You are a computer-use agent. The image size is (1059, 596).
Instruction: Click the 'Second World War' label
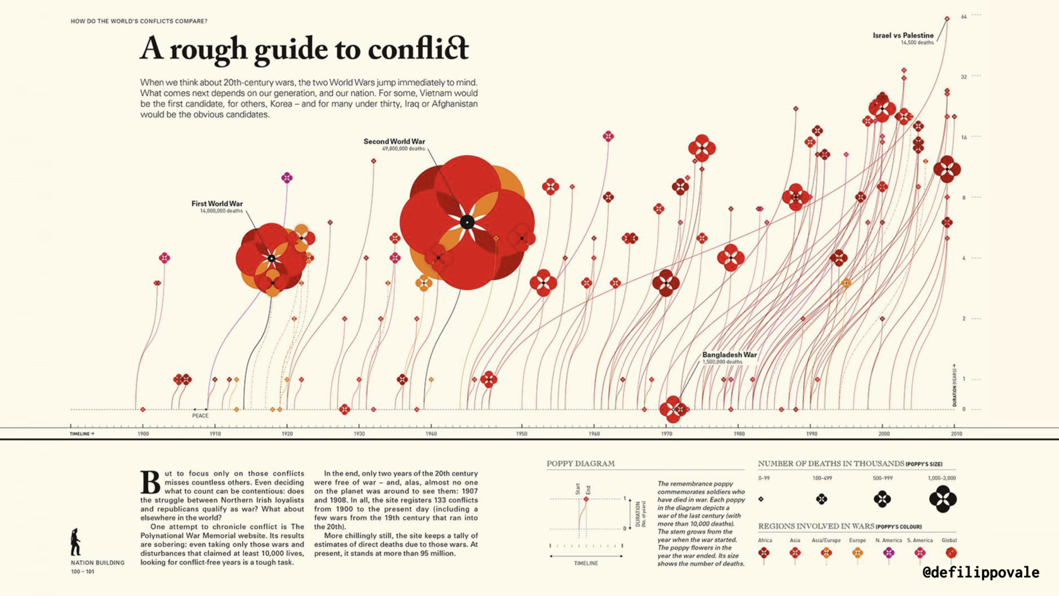[x=394, y=142]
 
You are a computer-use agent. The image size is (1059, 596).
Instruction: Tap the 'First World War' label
[x=217, y=204]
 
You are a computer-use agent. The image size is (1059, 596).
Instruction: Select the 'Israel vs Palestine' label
[x=903, y=36]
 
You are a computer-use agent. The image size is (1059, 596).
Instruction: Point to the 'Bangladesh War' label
[x=729, y=355]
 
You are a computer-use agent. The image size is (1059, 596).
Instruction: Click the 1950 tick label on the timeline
[x=521, y=434]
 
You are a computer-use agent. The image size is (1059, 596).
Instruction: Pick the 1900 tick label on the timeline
[x=143, y=434]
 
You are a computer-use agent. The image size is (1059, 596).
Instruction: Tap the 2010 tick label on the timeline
[x=956, y=434]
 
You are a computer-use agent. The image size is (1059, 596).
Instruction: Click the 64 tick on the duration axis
[x=964, y=17]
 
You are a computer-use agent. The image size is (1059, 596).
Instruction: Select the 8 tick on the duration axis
[x=964, y=198]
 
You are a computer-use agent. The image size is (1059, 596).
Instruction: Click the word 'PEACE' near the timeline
[x=200, y=416]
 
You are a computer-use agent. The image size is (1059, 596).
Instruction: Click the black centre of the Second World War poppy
[x=467, y=222]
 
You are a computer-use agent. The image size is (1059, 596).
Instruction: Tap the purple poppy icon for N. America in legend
[x=888, y=553]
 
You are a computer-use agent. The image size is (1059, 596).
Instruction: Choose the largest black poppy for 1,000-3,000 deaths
[x=942, y=499]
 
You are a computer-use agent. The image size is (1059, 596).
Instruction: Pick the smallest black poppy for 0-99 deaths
[x=761, y=499]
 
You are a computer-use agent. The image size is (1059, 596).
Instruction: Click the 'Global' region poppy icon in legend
[x=951, y=553]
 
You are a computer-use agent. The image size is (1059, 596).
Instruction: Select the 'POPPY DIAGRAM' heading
[x=580, y=464]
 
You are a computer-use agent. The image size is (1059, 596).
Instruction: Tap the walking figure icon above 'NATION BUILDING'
[x=76, y=542]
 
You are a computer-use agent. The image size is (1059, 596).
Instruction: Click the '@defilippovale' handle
[x=980, y=572]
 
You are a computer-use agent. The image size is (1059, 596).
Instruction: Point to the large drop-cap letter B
[x=150, y=482]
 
